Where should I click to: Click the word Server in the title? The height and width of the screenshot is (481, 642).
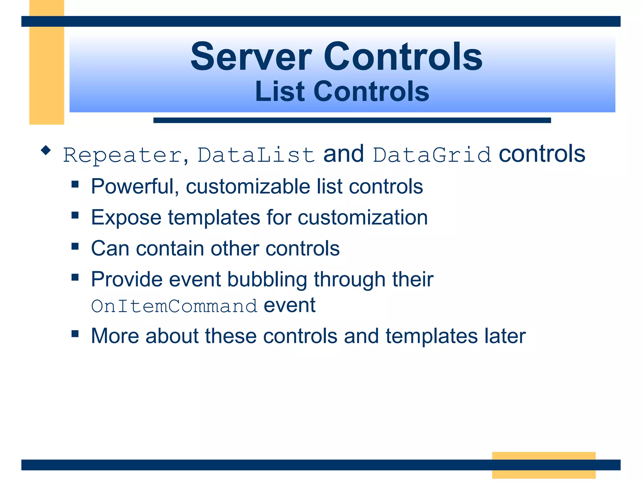(x=251, y=57)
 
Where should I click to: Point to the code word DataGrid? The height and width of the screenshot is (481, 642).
(x=432, y=155)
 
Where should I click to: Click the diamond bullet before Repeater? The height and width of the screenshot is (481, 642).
(x=46, y=150)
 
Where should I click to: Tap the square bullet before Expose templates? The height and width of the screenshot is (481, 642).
(x=75, y=215)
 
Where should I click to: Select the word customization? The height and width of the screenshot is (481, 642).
(x=363, y=218)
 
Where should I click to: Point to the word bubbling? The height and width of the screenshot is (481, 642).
(x=267, y=280)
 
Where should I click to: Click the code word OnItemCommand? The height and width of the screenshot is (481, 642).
(x=174, y=306)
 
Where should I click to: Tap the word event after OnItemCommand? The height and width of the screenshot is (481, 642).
(x=289, y=306)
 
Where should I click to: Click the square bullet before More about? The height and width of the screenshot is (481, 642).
(x=75, y=334)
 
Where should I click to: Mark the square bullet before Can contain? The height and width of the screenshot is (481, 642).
(x=75, y=246)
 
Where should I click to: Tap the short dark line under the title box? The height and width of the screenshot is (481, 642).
(x=352, y=120)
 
